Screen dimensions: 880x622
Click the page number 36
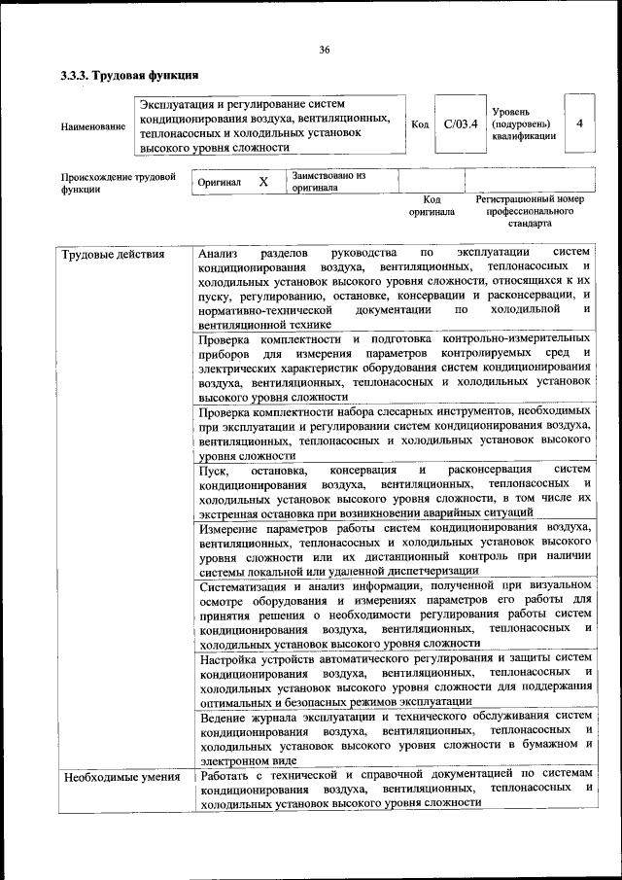coord(325,51)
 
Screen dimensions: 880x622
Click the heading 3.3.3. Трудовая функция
coord(129,75)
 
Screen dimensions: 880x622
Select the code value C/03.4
coord(460,123)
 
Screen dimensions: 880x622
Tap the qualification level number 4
coord(579,123)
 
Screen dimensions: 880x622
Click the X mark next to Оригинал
coord(263,182)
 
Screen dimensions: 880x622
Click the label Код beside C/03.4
coord(420,123)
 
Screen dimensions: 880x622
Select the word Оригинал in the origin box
coord(219,183)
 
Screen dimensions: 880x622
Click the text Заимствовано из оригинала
coord(328,182)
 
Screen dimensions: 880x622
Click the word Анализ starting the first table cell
coord(217,255)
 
